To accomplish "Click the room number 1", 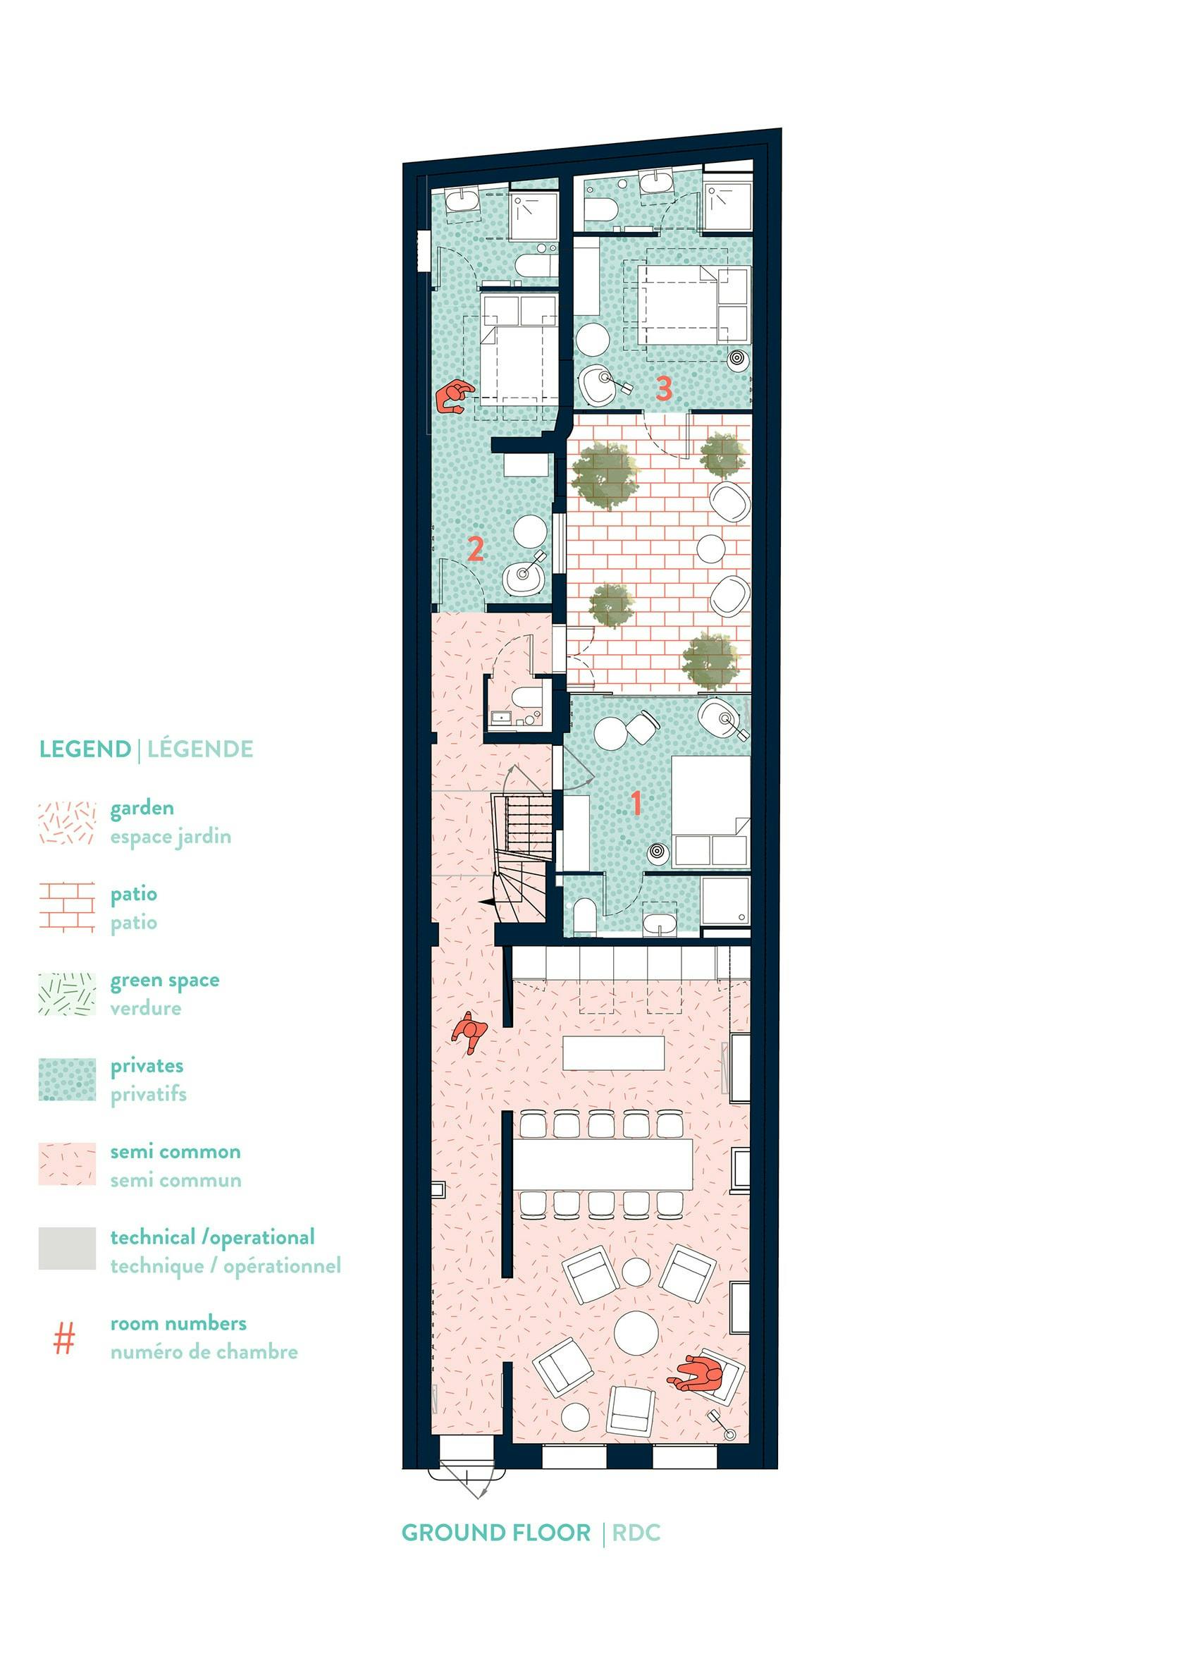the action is coord(636,802).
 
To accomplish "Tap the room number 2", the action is coord(475,549).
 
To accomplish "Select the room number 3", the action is coord(663,388).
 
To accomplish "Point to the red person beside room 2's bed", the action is coord(453,397).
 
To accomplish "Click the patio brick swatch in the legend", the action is coord(66,907).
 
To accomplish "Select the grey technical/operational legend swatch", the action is coord(67,1248).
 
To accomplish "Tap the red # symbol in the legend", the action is coord(65,1339).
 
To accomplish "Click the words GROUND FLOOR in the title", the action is coord(496,1533).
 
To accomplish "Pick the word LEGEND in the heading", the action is coord(85,749).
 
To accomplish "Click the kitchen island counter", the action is coord(614,1053).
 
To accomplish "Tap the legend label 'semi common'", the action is coord(175,1152).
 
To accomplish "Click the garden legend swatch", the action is coord(67,823).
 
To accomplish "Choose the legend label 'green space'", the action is coord(165,981).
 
